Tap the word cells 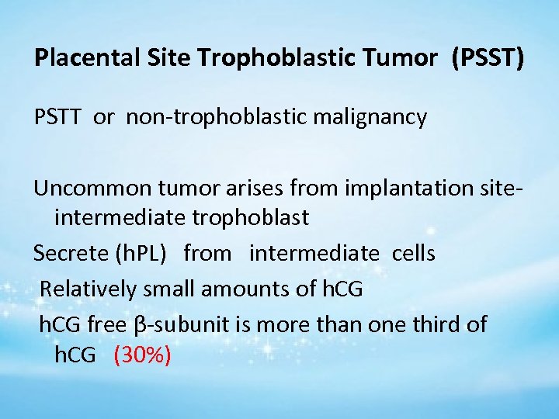(x=413, y=253)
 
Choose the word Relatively (x=85, y=289)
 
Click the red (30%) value (x=142, y=356)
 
